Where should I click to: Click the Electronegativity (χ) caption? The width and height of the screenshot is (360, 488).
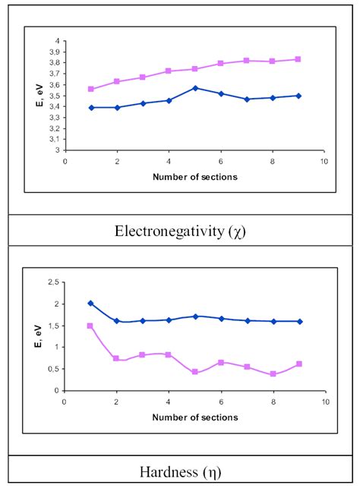click(178, 230)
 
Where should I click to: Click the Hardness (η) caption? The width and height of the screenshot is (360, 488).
click(179, 470)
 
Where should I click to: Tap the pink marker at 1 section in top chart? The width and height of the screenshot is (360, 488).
click(91, 89)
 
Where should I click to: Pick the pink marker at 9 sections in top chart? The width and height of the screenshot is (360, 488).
click(298, 59)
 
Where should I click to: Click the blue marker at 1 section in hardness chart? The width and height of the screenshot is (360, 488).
click(91, 303)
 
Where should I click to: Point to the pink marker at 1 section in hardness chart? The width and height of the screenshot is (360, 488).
click(90, 326)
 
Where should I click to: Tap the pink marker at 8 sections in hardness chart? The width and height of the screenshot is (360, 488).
click(273, 374)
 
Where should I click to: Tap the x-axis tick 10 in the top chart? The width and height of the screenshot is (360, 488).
click(324, 162)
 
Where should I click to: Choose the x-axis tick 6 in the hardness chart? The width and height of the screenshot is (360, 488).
click(220, 402)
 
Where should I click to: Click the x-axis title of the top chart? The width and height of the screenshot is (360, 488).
click(195, 177)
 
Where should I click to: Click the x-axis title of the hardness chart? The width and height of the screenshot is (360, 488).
click(195, 417)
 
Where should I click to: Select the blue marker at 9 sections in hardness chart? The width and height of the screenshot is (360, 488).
click(298, 321)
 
